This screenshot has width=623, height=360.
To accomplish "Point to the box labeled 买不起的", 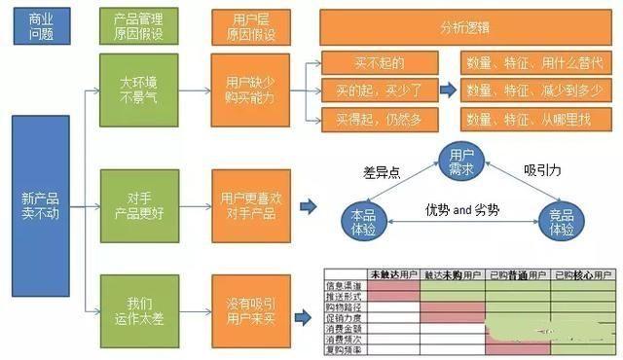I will click(376, 63).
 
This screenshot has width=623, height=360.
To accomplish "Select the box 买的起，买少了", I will click(376, 90).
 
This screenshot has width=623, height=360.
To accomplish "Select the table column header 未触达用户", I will click(394, 274).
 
